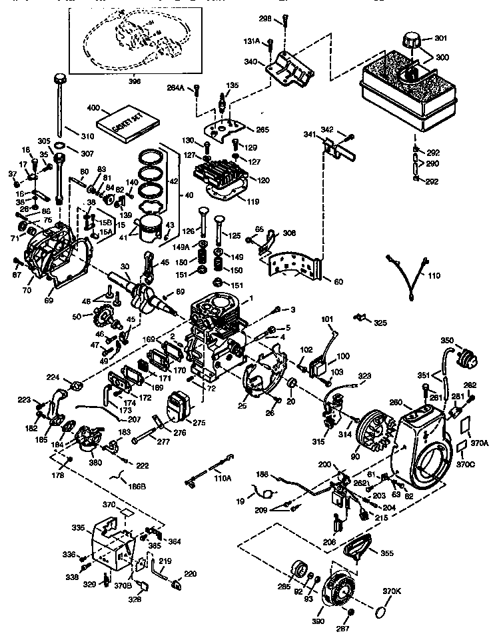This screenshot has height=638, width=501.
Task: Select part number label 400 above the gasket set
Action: pos(93,107)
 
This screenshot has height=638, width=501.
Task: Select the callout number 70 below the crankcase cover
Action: pos(27,291)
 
